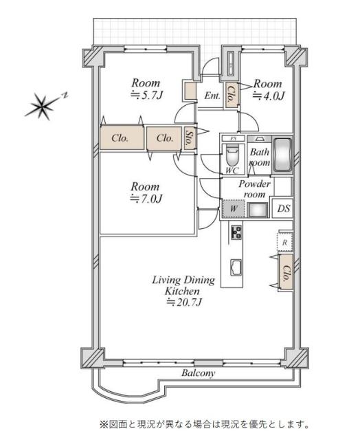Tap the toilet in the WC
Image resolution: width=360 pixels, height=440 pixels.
pos(232,155)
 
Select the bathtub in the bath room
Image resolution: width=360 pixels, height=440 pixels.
pos(282,154)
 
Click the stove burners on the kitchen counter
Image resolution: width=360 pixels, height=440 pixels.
pos(236,232)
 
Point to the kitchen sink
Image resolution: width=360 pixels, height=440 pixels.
pos(236,267)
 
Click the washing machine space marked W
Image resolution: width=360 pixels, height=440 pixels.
pos(234,208)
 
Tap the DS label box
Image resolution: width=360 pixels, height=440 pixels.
pos(284,208)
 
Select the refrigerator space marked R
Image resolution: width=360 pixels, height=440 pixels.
pos(285,242)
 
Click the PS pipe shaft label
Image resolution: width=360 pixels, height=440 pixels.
pos(234,139)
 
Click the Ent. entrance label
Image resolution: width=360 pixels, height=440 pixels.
pos(212,96)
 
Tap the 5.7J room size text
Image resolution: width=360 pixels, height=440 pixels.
pos(147,96)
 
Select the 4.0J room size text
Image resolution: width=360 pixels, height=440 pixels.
pos(269,96)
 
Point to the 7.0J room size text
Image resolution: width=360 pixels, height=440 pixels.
pos(146,199)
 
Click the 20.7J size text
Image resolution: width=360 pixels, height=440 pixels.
pos(184,302)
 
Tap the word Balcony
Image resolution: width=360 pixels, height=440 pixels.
pos(199,373)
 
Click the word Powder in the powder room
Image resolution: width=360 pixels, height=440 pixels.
pos(255,184)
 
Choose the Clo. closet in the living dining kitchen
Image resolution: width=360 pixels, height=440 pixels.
pos(286,272)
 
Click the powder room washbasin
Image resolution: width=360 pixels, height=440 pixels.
pos(258,210)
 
